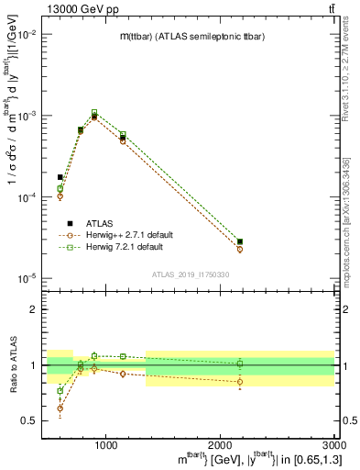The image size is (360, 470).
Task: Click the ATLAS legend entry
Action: coord(92,223)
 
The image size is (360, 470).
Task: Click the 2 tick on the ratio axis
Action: coord(35,309)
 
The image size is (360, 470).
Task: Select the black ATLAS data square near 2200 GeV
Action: coord(240,241)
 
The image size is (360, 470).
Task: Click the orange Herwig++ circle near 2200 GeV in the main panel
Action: coord(240,250)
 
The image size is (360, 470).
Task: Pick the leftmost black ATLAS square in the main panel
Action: coord(60,177)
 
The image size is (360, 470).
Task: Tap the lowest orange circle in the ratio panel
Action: coord(60,408)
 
